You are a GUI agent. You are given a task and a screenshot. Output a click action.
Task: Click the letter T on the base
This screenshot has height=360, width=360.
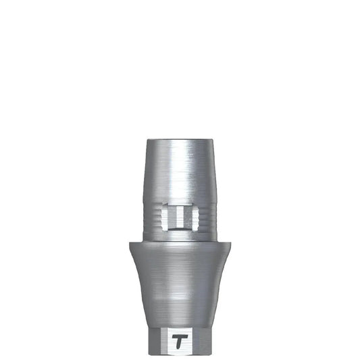coord(180,341)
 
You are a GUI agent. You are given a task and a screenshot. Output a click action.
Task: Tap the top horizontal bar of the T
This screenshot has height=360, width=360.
coord(180,336)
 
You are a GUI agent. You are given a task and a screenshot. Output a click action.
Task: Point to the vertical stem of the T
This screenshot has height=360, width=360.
coord(179,343)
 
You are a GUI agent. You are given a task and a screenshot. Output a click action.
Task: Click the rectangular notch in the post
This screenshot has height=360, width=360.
coord(180,217)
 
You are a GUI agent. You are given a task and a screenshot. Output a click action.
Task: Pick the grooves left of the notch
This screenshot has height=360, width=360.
coord(155,217)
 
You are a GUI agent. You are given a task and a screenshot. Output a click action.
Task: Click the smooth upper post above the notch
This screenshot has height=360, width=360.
coord(180,172)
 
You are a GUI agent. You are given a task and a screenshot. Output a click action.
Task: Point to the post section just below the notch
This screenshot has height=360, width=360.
coord(180,234)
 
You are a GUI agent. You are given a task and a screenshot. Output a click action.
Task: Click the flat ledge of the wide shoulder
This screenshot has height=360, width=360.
coord(180,242)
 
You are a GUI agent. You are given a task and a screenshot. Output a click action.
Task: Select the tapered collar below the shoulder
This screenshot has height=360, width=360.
coord(180,284)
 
